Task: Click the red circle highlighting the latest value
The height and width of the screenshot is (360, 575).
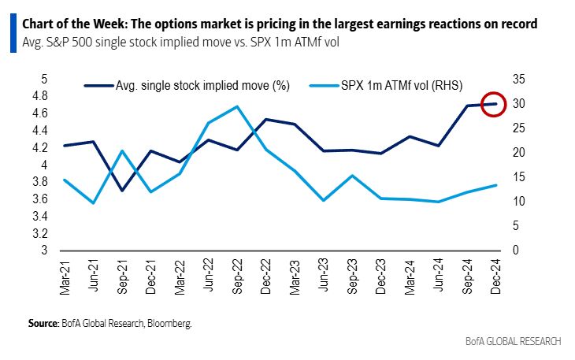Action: click(494, 104)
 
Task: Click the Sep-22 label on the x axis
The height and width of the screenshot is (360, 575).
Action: click(237, 278)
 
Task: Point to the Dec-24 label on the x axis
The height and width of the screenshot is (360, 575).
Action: click(495, 278)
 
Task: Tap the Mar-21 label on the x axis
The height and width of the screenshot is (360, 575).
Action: click(65, 278)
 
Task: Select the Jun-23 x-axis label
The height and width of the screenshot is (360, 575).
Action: click(323, 278)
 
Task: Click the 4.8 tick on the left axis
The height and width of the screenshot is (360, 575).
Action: click(39, 96)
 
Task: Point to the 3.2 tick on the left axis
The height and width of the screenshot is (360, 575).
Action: click(39, 234)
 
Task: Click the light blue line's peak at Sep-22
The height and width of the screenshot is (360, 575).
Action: click(237, 106)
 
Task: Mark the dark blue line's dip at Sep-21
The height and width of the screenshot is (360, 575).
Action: click(122, 191)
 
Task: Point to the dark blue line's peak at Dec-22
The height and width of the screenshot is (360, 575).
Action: click(265, 120)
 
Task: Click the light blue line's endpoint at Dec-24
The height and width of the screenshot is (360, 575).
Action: click(495, 185)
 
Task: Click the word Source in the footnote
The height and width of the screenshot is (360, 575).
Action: click(43, 323)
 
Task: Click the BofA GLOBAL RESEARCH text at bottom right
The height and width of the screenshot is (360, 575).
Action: click(514, 341)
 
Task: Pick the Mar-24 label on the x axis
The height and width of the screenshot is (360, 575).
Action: click(409, 278)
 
